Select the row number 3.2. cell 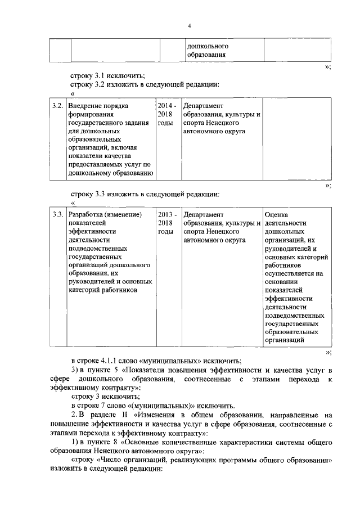click(x=57, y=105)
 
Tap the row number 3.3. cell click(x=57, y=214)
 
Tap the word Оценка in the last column click(x=276, y=214)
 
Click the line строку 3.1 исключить click(x=107, y=75)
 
